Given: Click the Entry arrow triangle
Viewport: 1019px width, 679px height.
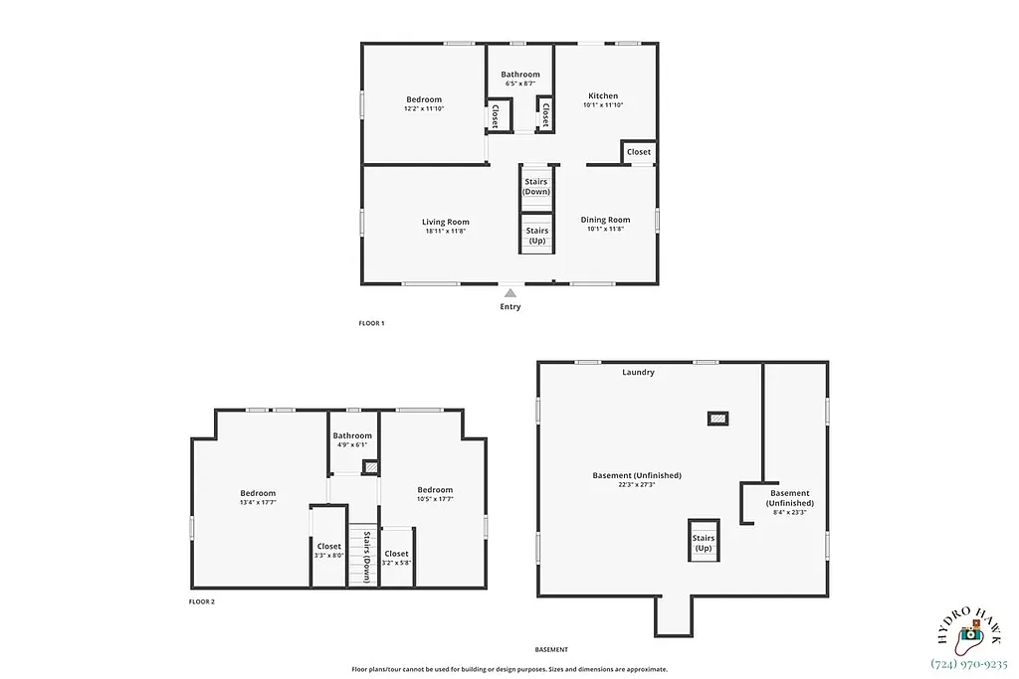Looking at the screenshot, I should click(510, 292).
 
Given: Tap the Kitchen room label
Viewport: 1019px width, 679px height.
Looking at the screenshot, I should click(602, 96).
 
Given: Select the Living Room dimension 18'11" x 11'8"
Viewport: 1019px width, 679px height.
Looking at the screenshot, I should click(445, 231).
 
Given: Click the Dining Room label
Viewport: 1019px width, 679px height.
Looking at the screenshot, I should click(605, 220).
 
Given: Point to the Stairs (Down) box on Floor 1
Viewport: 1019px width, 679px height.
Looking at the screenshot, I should click(536, 187).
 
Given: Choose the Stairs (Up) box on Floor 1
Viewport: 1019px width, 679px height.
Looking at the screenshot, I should click(536, 236).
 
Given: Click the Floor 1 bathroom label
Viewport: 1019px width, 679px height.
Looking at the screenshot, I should click(520, 75).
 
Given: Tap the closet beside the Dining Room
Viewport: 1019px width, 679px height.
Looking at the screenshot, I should click(639, 152).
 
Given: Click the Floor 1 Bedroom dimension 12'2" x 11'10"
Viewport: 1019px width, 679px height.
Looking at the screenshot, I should click(423, 108).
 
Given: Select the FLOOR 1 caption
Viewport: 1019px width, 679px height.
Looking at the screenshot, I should click(371, 323).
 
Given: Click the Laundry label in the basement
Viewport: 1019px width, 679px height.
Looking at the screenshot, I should click(638, 373).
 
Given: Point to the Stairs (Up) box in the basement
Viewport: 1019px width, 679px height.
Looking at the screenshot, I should click(704, 543).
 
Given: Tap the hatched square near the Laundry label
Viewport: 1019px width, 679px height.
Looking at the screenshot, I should click(717, 419).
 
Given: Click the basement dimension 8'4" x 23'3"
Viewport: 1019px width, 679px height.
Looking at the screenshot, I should click(789, 513).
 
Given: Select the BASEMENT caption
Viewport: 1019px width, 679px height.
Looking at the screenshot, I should click(550, 649).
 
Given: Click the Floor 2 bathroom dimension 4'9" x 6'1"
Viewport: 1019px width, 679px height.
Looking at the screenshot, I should click(352, 444).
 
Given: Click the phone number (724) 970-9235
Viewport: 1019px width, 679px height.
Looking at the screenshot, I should click(969, 664).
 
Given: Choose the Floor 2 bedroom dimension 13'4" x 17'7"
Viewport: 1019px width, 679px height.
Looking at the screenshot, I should click(258, 502).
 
